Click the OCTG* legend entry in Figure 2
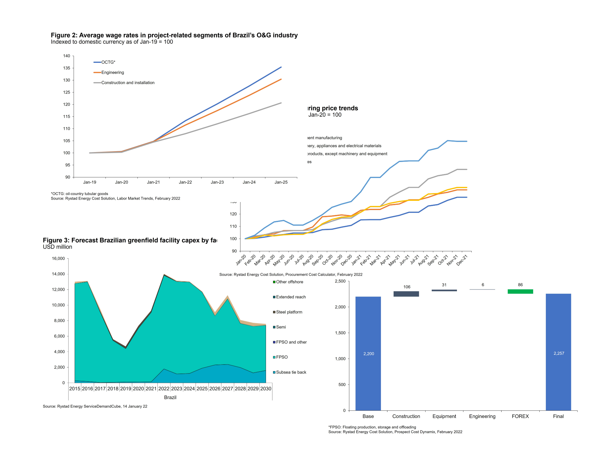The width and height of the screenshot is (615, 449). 108,62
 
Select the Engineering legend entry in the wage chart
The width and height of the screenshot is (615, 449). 113,72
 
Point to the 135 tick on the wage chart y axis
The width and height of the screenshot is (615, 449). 67,68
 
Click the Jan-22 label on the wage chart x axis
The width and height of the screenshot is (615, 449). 185,182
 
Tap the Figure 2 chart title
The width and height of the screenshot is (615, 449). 174,35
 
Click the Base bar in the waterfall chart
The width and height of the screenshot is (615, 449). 368,353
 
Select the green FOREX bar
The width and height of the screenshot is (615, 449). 520,291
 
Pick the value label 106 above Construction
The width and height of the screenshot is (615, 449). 407,287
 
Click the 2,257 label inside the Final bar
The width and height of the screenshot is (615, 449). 559,354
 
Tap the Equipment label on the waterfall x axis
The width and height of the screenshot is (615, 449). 444,416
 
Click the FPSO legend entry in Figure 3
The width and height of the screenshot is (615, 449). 282,357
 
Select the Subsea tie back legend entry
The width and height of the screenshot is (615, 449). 291,372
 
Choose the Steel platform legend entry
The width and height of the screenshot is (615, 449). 289,312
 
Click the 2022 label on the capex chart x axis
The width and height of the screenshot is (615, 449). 164,389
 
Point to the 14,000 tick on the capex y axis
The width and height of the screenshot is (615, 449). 58,274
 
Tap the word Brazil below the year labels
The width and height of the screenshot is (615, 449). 170,398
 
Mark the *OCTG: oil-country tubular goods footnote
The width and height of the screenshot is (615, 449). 79,194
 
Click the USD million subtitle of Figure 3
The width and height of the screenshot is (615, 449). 58,247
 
